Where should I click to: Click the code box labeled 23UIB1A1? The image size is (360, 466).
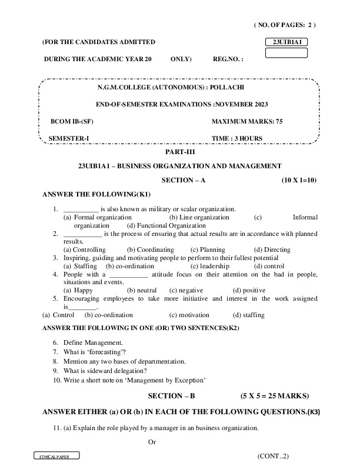[286, 42]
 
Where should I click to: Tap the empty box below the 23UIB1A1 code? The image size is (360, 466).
[286, 53]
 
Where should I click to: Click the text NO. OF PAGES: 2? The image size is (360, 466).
[285, 25]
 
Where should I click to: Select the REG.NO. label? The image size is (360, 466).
[228, 59]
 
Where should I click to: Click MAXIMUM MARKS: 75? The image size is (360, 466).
[247, 121]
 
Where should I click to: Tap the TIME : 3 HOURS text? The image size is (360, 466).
[237, 139]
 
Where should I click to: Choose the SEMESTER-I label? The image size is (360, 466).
[69, 139]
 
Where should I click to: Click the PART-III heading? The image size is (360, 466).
[179, 152]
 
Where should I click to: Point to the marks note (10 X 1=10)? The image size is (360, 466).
[299, 180]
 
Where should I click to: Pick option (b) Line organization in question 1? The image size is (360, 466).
[199, 217]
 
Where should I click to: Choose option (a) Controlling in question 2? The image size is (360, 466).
[85, 249]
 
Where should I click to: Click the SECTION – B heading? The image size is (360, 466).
[175, 395]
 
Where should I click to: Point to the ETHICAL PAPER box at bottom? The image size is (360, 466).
[56, 457]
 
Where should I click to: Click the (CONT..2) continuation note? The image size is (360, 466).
[273, 456]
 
